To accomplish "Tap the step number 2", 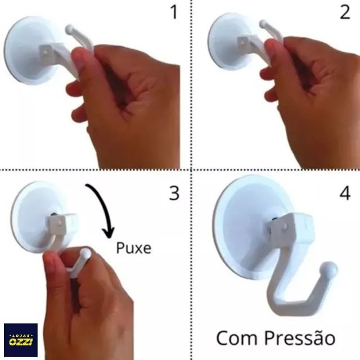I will point(345,12).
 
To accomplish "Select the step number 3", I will point(174,193).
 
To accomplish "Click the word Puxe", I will point(134,247).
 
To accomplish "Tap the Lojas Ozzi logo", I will point(20,340).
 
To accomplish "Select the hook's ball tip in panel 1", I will point(70,29).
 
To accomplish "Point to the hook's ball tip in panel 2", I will point(263,25).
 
